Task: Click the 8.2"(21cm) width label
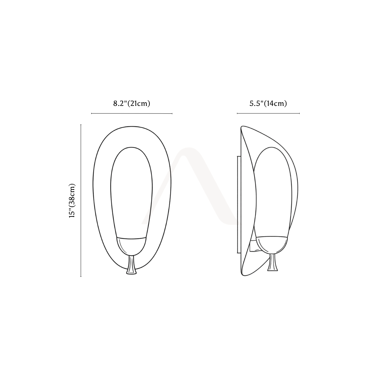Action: [x=132, y=103]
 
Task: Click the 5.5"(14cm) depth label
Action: [x=268, y=103]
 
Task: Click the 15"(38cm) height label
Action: [x=72, y=201]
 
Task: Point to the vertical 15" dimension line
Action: [x=81, y=201]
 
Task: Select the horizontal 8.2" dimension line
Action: [x=132, y=113]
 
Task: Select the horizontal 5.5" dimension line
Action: [x=268, y=113]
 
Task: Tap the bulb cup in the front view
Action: [x=131, y=247]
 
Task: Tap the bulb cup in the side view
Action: [x=272, y=245]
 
